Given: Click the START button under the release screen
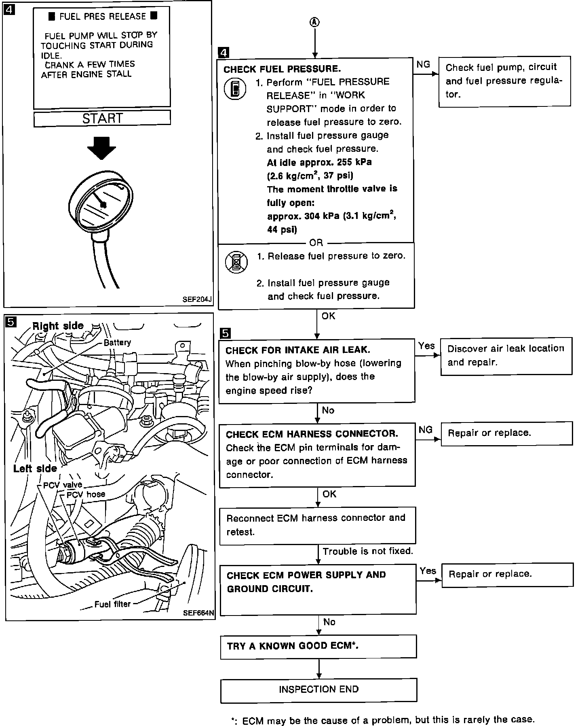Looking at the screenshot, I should pos(102,118).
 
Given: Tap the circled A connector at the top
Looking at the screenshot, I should pos(315,23).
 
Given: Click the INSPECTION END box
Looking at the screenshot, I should pos(318,690).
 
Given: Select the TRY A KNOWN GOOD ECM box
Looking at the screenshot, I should pos(318,646).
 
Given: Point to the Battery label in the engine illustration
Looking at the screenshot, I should pos(117,342).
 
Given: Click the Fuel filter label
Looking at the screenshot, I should pos(112,604).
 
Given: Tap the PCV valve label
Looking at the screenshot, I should pos(63,485).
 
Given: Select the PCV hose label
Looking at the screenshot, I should pos(86,494).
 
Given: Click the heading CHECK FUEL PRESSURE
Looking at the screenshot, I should pos(282,69).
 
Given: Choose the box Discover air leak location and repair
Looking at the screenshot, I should pos(506,355).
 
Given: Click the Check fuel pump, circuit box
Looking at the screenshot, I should pos(504,81).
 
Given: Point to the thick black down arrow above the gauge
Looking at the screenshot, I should pos(102,148).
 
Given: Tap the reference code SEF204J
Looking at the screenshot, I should pos(197,300).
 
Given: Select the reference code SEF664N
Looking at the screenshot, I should pos(198,613).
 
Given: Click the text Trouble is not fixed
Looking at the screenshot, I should pos(368,551).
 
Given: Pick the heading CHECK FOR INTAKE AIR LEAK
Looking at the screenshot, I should pos(297,350).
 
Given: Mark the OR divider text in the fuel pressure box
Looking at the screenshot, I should pos(316,243).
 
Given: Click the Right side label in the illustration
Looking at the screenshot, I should pos(58,326).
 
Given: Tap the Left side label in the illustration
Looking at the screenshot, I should pos(35,469).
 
